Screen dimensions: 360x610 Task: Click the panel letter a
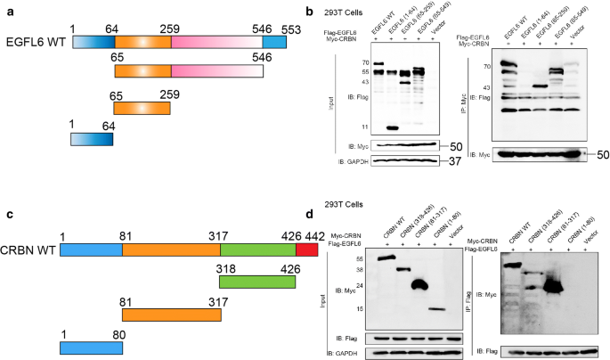[x=9, y=10]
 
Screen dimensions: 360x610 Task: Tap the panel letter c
[x=9, y=214]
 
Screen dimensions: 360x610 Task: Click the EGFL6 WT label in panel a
[x=37, y=42]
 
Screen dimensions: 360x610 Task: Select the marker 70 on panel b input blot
[x=365, y=63]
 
